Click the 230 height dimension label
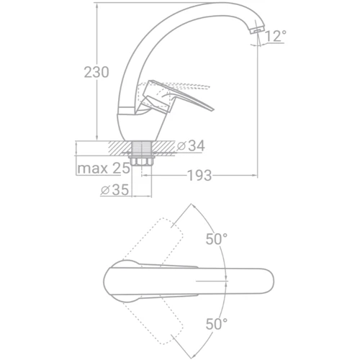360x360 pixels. pyautogui.click(x=96, y=72)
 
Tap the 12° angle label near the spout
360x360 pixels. pyautogui.click(x=276, y=36)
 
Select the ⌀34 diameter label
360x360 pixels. pyautogui.click(x=191, y=145)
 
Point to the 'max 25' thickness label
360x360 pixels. pyautogui.click(x=104, y=168)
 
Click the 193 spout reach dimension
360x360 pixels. pyautogui.click(x=199, y=176)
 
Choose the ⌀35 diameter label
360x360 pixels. pyautogui.click(x=114, y=190)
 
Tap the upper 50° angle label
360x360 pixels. pyautogui.click(x=217, y=239)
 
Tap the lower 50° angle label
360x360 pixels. pyautogui.click(x=217, y=324)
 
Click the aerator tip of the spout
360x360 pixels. pyautogui.click(x=257, y=31)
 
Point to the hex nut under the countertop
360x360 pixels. pyautogui.click(x=142, y=161)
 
